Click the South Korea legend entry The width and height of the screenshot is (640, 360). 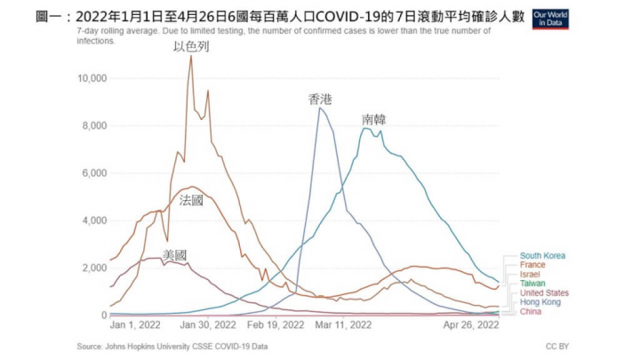click(542, 256)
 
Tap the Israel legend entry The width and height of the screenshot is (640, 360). click(530, 275)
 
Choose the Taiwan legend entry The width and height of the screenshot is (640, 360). click(532, 284)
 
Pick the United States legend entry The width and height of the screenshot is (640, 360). click(543, 293)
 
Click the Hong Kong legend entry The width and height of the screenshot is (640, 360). click(540, 302)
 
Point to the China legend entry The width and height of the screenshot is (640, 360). click(531, 312)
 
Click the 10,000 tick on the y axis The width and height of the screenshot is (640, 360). click(92, 78)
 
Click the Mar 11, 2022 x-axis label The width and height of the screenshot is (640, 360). click(340, 326)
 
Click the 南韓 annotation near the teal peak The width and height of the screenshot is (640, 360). click(374, 119)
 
